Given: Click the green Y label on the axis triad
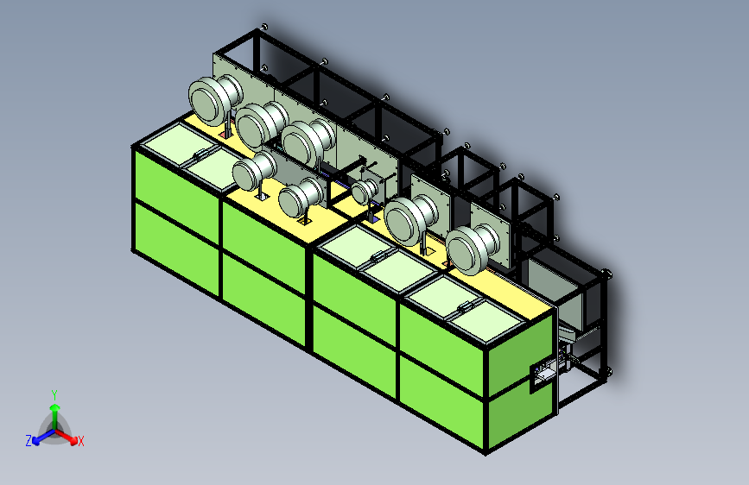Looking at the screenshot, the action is pyautogui.click(x=54, y=394).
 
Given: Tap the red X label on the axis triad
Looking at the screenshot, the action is pyautogui.click(x=80, y=441).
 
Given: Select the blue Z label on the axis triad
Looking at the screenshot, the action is pyautogui.click(x=29, y=441).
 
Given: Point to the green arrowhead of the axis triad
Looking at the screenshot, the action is pyautogui.click(x=55, y=408).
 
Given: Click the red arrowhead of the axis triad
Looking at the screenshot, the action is pyautogui.click(x=73, y=440).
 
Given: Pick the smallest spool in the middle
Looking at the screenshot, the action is pyautogui.click(x=365, y=191).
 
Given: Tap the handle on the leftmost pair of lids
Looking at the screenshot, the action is pyautogui.click(x=200, y=154).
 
